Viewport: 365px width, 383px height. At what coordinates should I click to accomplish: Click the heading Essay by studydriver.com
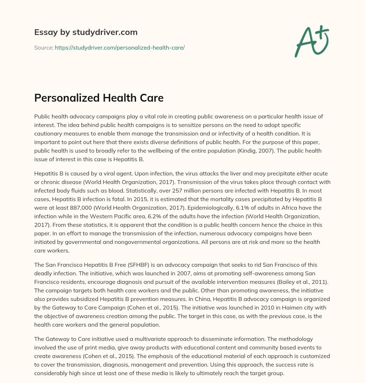click(86, 32)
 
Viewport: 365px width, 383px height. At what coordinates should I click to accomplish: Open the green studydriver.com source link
click(119, 47)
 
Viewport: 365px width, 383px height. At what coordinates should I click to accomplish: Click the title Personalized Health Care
click(99, 98)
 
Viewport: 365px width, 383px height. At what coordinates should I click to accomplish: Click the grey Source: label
click(43, 47)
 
